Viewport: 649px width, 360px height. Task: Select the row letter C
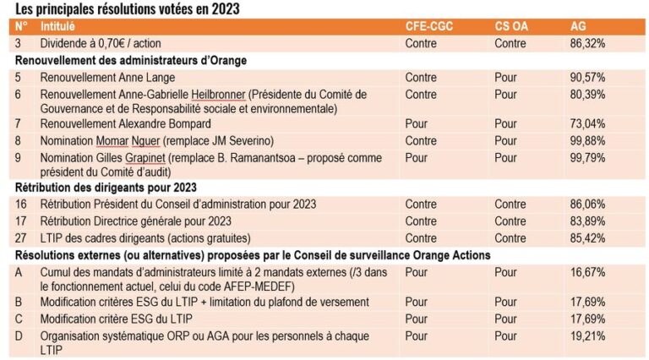19,319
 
